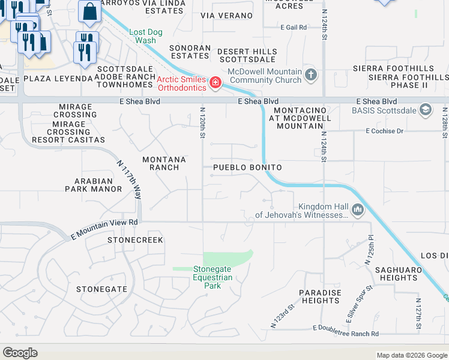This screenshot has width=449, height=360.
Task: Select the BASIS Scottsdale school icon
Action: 426,109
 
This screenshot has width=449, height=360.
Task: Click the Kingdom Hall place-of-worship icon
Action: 358,209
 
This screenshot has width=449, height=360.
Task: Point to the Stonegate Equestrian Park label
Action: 212,277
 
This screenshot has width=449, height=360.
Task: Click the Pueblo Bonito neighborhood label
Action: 246,167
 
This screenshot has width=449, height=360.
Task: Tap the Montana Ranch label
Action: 164,163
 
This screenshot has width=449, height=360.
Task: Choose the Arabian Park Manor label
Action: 94,185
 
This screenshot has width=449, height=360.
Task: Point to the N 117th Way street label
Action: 130,180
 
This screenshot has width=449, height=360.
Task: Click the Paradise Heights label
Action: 321,296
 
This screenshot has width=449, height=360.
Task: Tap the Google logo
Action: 20,353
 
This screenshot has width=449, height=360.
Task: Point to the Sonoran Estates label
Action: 190,52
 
